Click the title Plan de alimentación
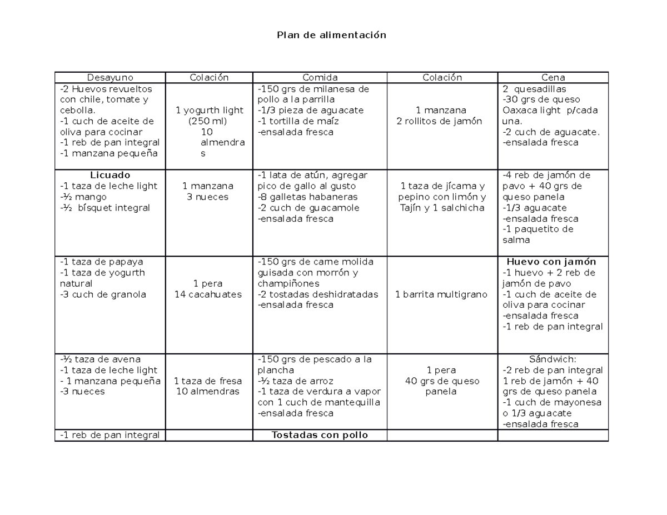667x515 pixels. click(332, 35)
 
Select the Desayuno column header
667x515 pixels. click(110, 78)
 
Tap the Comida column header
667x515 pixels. click(320, 78)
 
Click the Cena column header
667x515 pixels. click(553, 78)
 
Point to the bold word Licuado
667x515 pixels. click(110, 175)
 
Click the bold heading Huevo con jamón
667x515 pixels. click(551, 262)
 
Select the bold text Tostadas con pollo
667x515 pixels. click(320, 435)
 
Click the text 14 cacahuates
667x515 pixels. click(208, 294)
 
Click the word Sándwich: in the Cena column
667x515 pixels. click(552, 359)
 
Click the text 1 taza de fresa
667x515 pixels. click(208, 381)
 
